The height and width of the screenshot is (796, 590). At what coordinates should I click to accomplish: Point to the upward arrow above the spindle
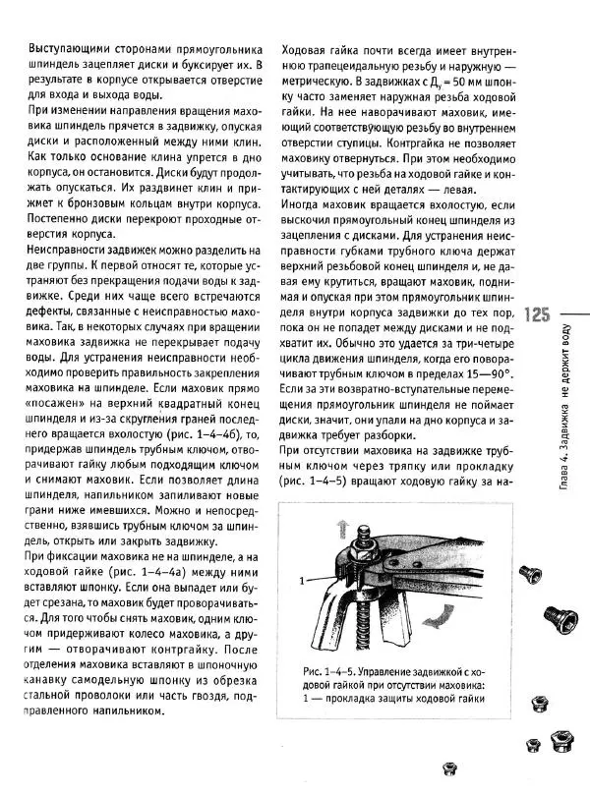click(343, 530)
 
